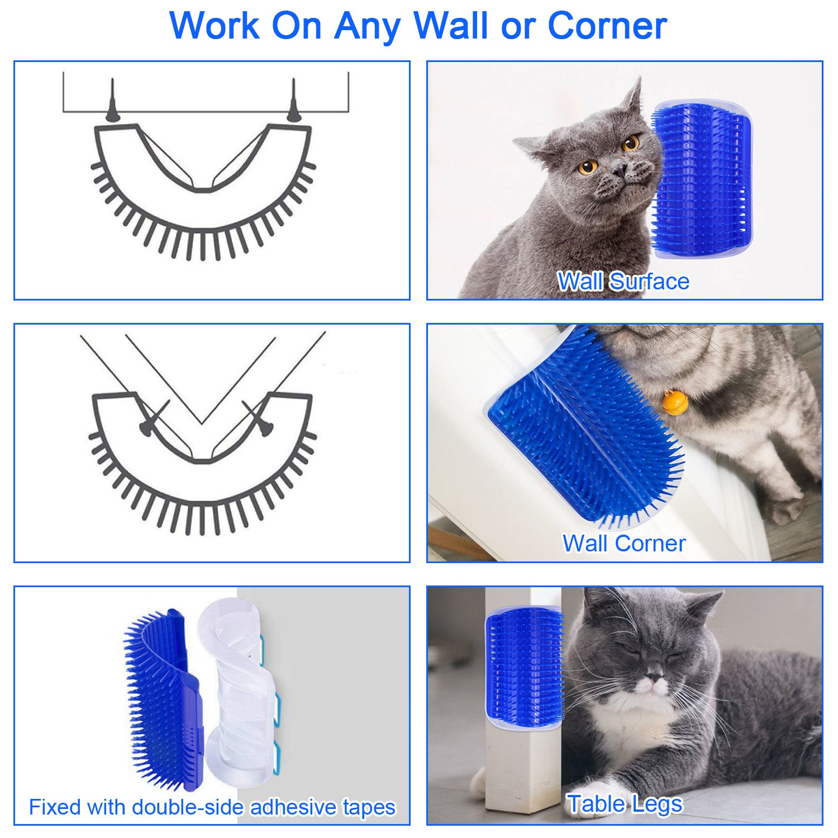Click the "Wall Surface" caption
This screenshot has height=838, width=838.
click(x=623, y=281)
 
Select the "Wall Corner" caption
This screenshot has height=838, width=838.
click(x=623, y=543)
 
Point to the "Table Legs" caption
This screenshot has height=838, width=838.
click(x=625, y=804)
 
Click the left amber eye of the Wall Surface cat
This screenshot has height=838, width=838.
click(x=587, y=166)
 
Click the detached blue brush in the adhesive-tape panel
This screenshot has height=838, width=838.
click(x=162, y=698)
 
